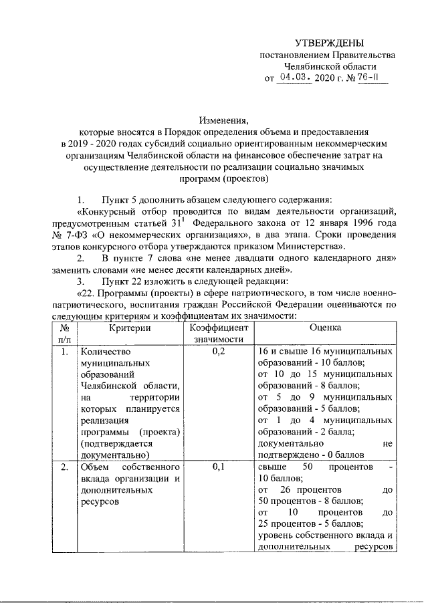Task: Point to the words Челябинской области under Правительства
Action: (x=330, y=66)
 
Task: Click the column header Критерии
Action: (x=130, y=328)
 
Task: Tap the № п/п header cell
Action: (x=61, y=334)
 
